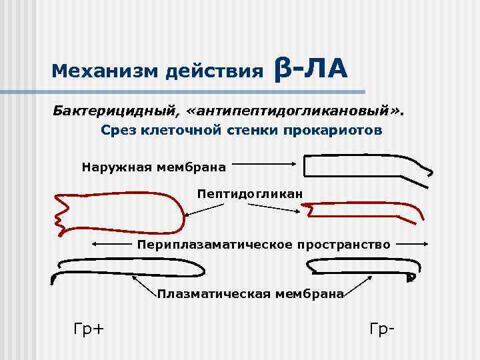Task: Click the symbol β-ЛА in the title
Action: [x=310, y=68]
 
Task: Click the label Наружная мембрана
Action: [x=154, y=165]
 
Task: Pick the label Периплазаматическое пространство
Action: [x=264, y=245]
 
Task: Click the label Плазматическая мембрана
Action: [x=250, y=294]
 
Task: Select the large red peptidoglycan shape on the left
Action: [x=120, y=210]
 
